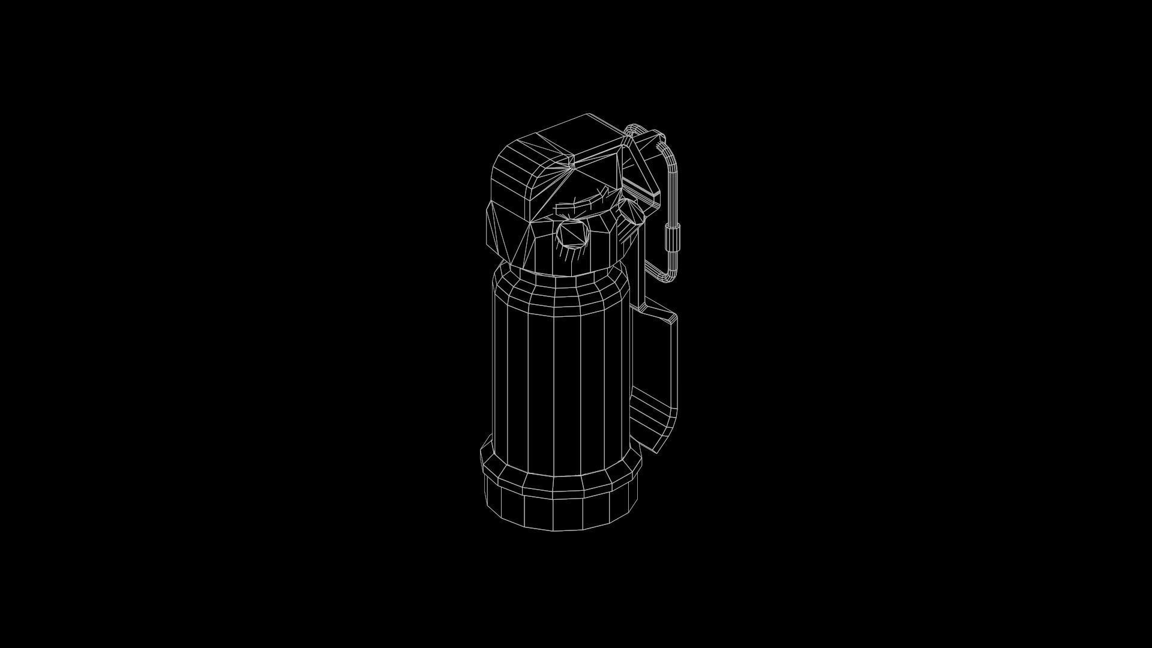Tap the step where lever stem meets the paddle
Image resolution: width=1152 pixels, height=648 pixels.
tap(645, 309)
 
